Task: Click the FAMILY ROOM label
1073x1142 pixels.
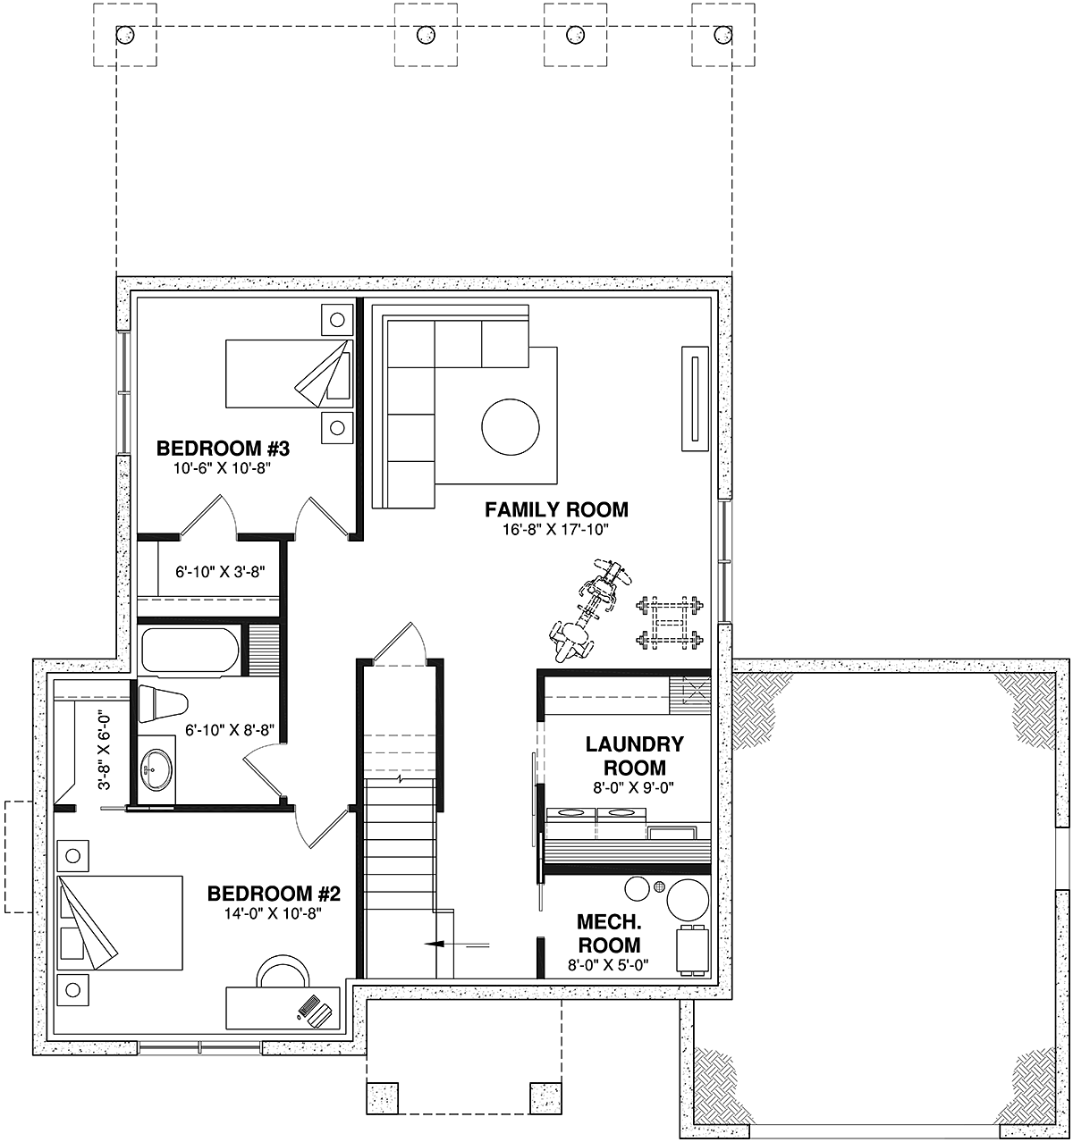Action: point(556,509)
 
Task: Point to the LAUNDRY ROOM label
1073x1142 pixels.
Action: point(634,756)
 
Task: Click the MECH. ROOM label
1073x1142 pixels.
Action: point(608,933)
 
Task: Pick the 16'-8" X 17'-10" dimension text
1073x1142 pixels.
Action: point(556,530)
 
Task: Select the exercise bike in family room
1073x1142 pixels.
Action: point(587,609)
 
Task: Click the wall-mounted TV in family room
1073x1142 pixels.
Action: point(695,399)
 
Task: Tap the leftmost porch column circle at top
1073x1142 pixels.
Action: point(124,36)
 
